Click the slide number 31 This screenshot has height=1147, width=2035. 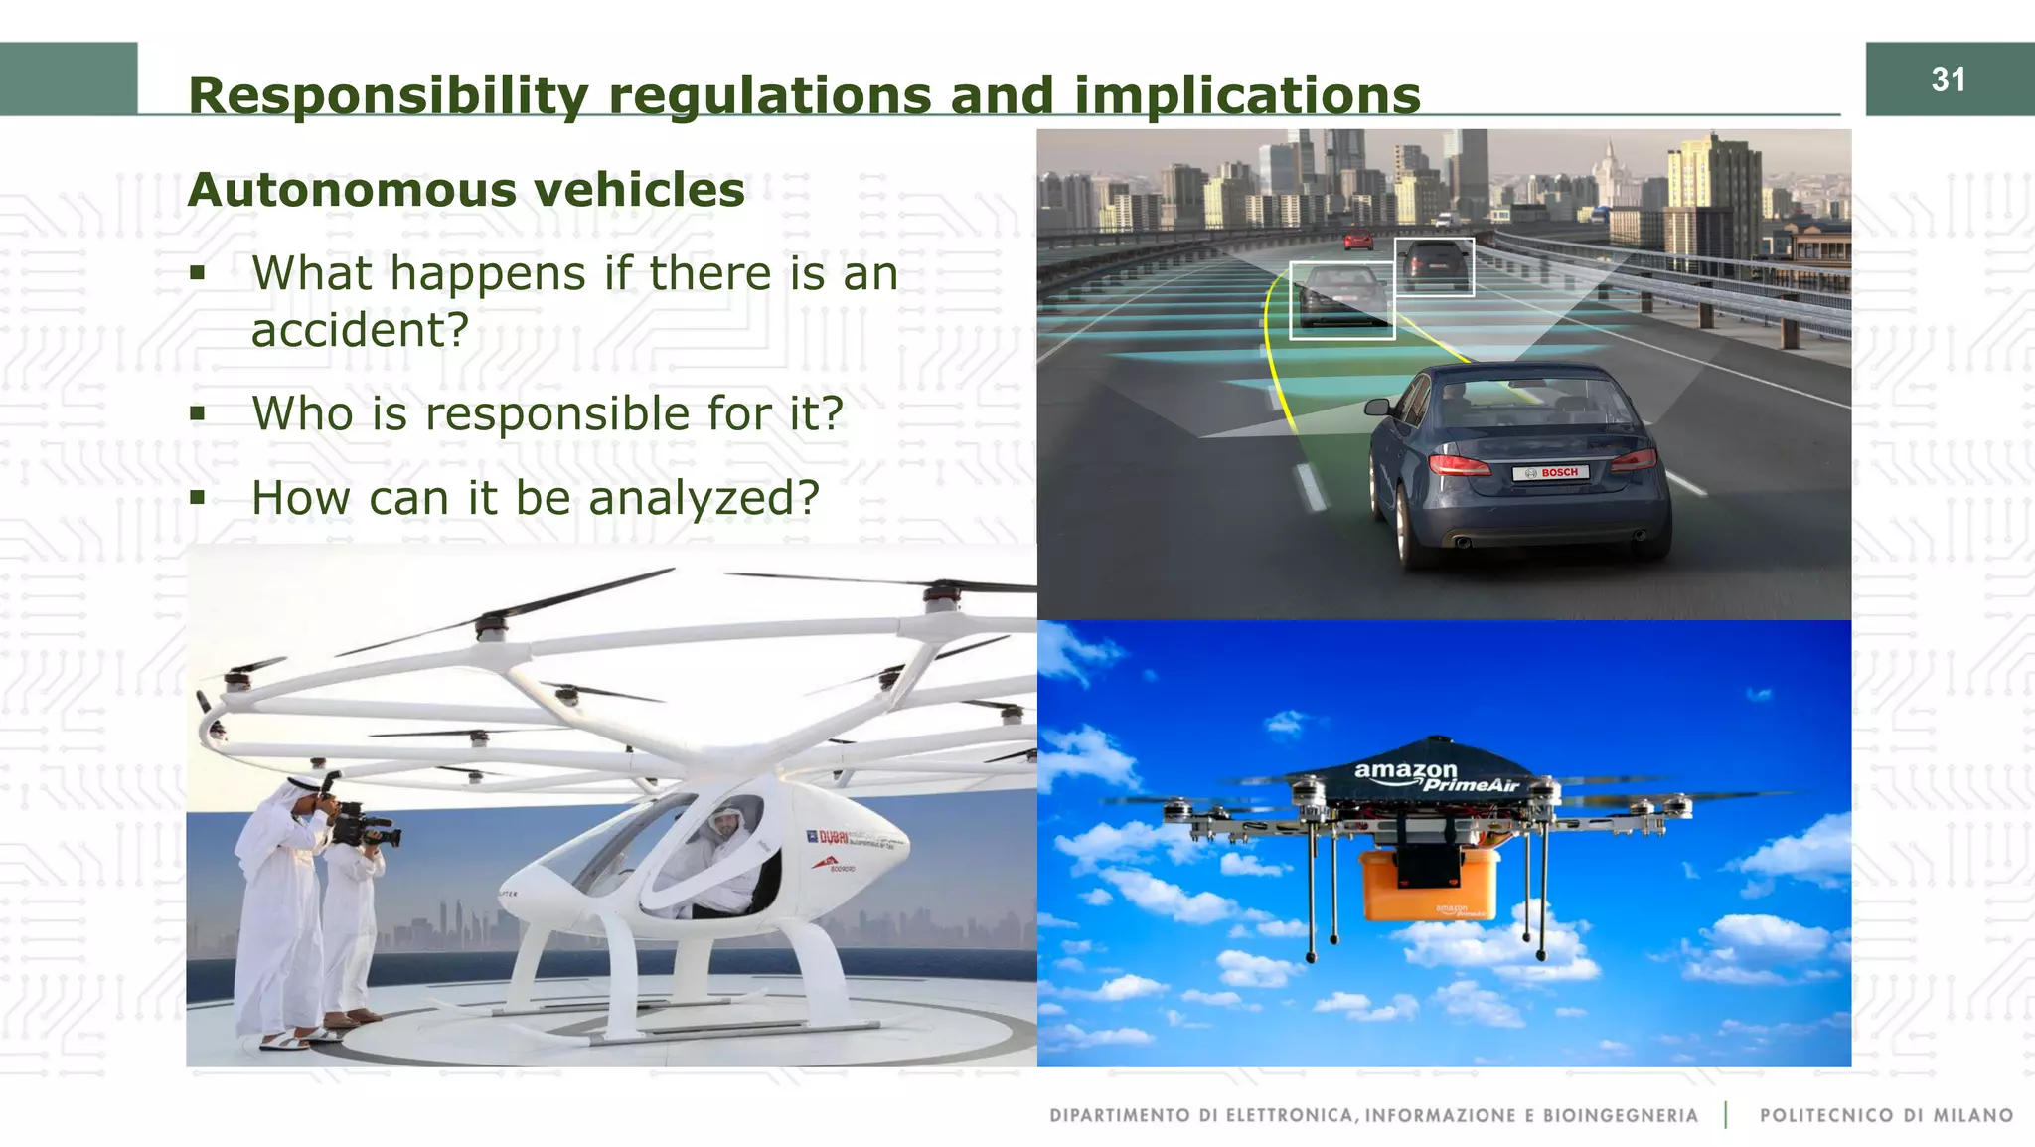(x=1948, y=80)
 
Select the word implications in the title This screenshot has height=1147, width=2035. (x=1247, y=96)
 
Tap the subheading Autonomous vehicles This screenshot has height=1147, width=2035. (x=466, y=190)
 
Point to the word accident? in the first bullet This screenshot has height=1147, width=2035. (x=360, y=330)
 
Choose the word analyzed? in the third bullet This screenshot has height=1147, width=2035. (x=704, y=498)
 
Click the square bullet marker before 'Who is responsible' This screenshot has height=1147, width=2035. (x=198, y=412)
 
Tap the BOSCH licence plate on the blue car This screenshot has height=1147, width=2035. (x=1550, y=473)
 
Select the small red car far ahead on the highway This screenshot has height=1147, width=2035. (x=1358, y=240)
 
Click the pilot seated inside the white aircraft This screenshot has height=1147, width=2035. (x=723, y=855)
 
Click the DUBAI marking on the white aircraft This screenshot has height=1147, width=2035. (x=833, y=838)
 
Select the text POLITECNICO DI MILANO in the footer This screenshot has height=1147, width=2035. (x=1886, y=1115)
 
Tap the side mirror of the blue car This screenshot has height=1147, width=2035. (x=1376, y=406)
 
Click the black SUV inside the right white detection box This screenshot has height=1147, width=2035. (x=1434, y=263)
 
